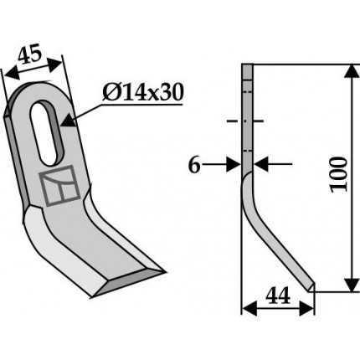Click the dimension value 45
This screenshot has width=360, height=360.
(x=30, y=56)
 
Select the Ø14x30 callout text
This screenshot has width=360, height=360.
(x=143, y=93)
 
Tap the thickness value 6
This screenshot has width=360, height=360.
(x=194, y=165)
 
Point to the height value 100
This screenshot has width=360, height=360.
(x=339, y=174)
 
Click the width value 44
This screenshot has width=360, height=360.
(x=278, y=296)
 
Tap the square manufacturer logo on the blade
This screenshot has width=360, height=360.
(x=59, y=185)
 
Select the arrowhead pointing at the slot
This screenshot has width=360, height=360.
(x=69, y=121)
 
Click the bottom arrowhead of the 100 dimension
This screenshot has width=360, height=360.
(x=352, y=285)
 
